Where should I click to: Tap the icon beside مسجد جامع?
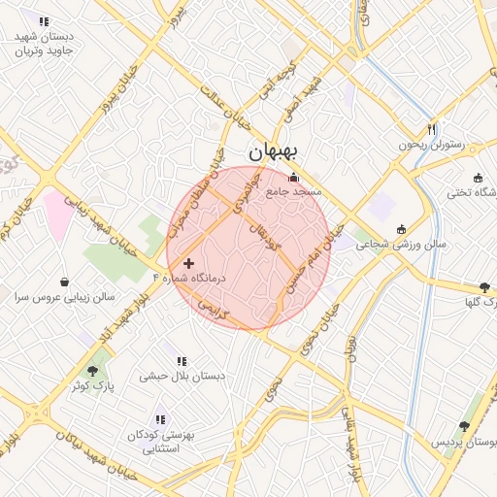click(294, 177)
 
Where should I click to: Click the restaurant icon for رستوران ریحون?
click(431, 129)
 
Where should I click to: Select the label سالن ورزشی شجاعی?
click(400, 245)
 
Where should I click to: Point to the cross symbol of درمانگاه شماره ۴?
click(188, 263)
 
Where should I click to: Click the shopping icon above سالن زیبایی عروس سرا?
click(64, 282)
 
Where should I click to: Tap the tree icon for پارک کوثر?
click(92, 371)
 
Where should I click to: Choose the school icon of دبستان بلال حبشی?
click(182, 361)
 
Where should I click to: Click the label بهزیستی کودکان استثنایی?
click(161, 443)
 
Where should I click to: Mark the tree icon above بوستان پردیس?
click(464, 426)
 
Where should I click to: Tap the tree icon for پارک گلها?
click(484, 287)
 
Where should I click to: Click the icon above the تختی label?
click(478, 177)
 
